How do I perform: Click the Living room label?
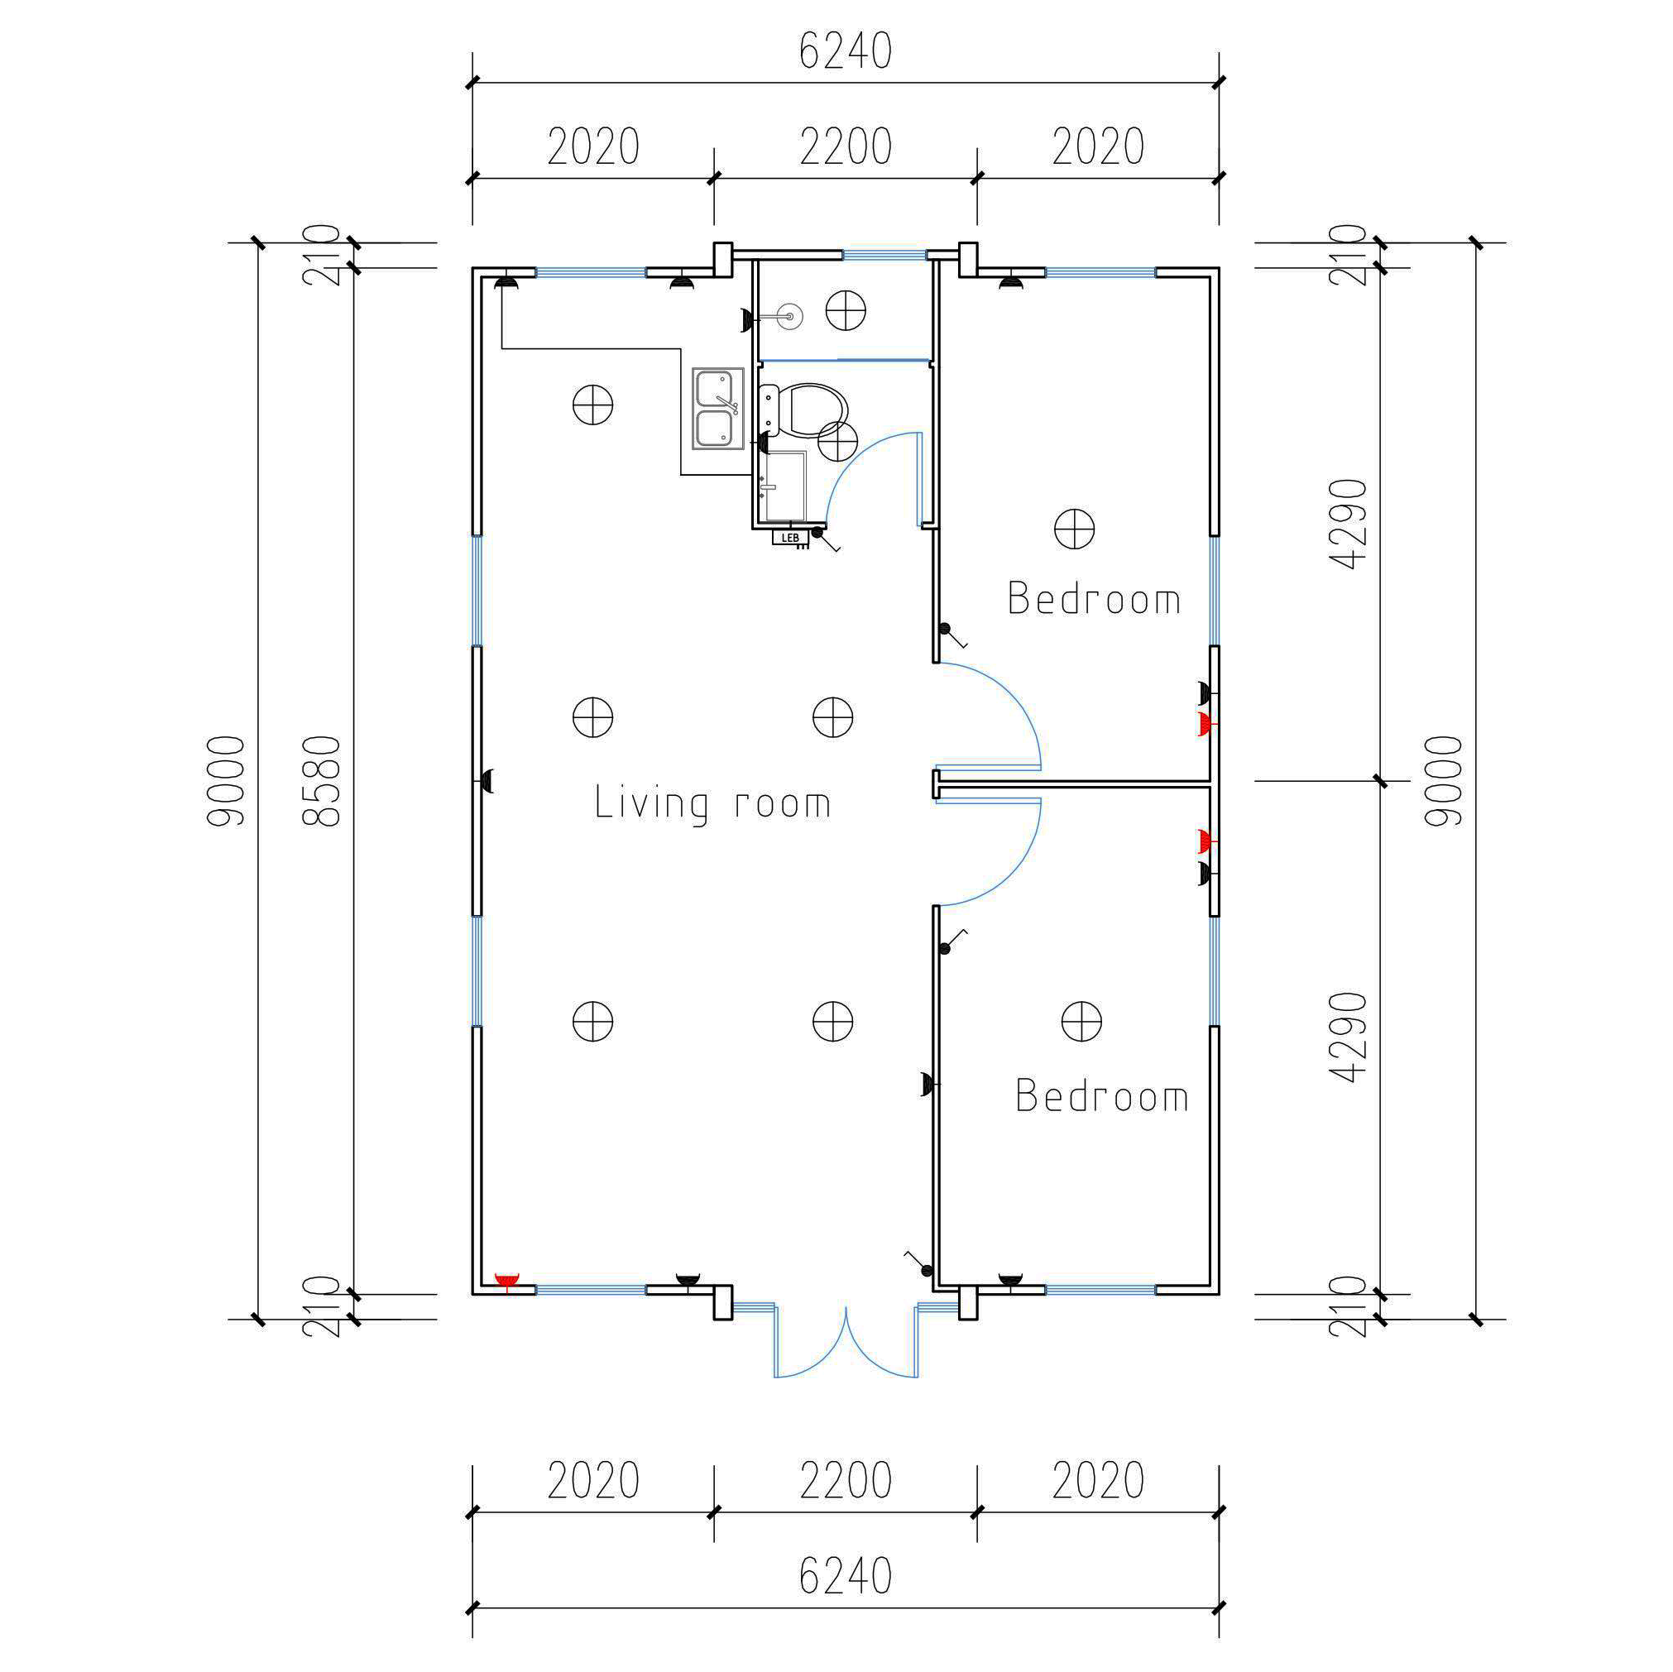click(712, 802)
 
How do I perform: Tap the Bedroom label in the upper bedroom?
click(1095, 598)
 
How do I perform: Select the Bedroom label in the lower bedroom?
click(1101, 1095)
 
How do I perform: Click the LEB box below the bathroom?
click(789, 538)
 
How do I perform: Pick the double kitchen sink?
click(718, 409)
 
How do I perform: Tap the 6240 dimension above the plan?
click(845, 51)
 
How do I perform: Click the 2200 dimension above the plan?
click(845, 146)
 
